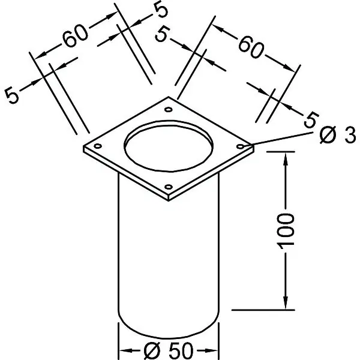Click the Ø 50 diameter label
169,350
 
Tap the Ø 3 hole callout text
338,135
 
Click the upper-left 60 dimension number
76,36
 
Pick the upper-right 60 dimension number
251,47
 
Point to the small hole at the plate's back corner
168,110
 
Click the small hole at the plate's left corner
98,146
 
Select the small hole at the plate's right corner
240,146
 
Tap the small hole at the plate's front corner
168,187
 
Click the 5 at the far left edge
11,95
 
